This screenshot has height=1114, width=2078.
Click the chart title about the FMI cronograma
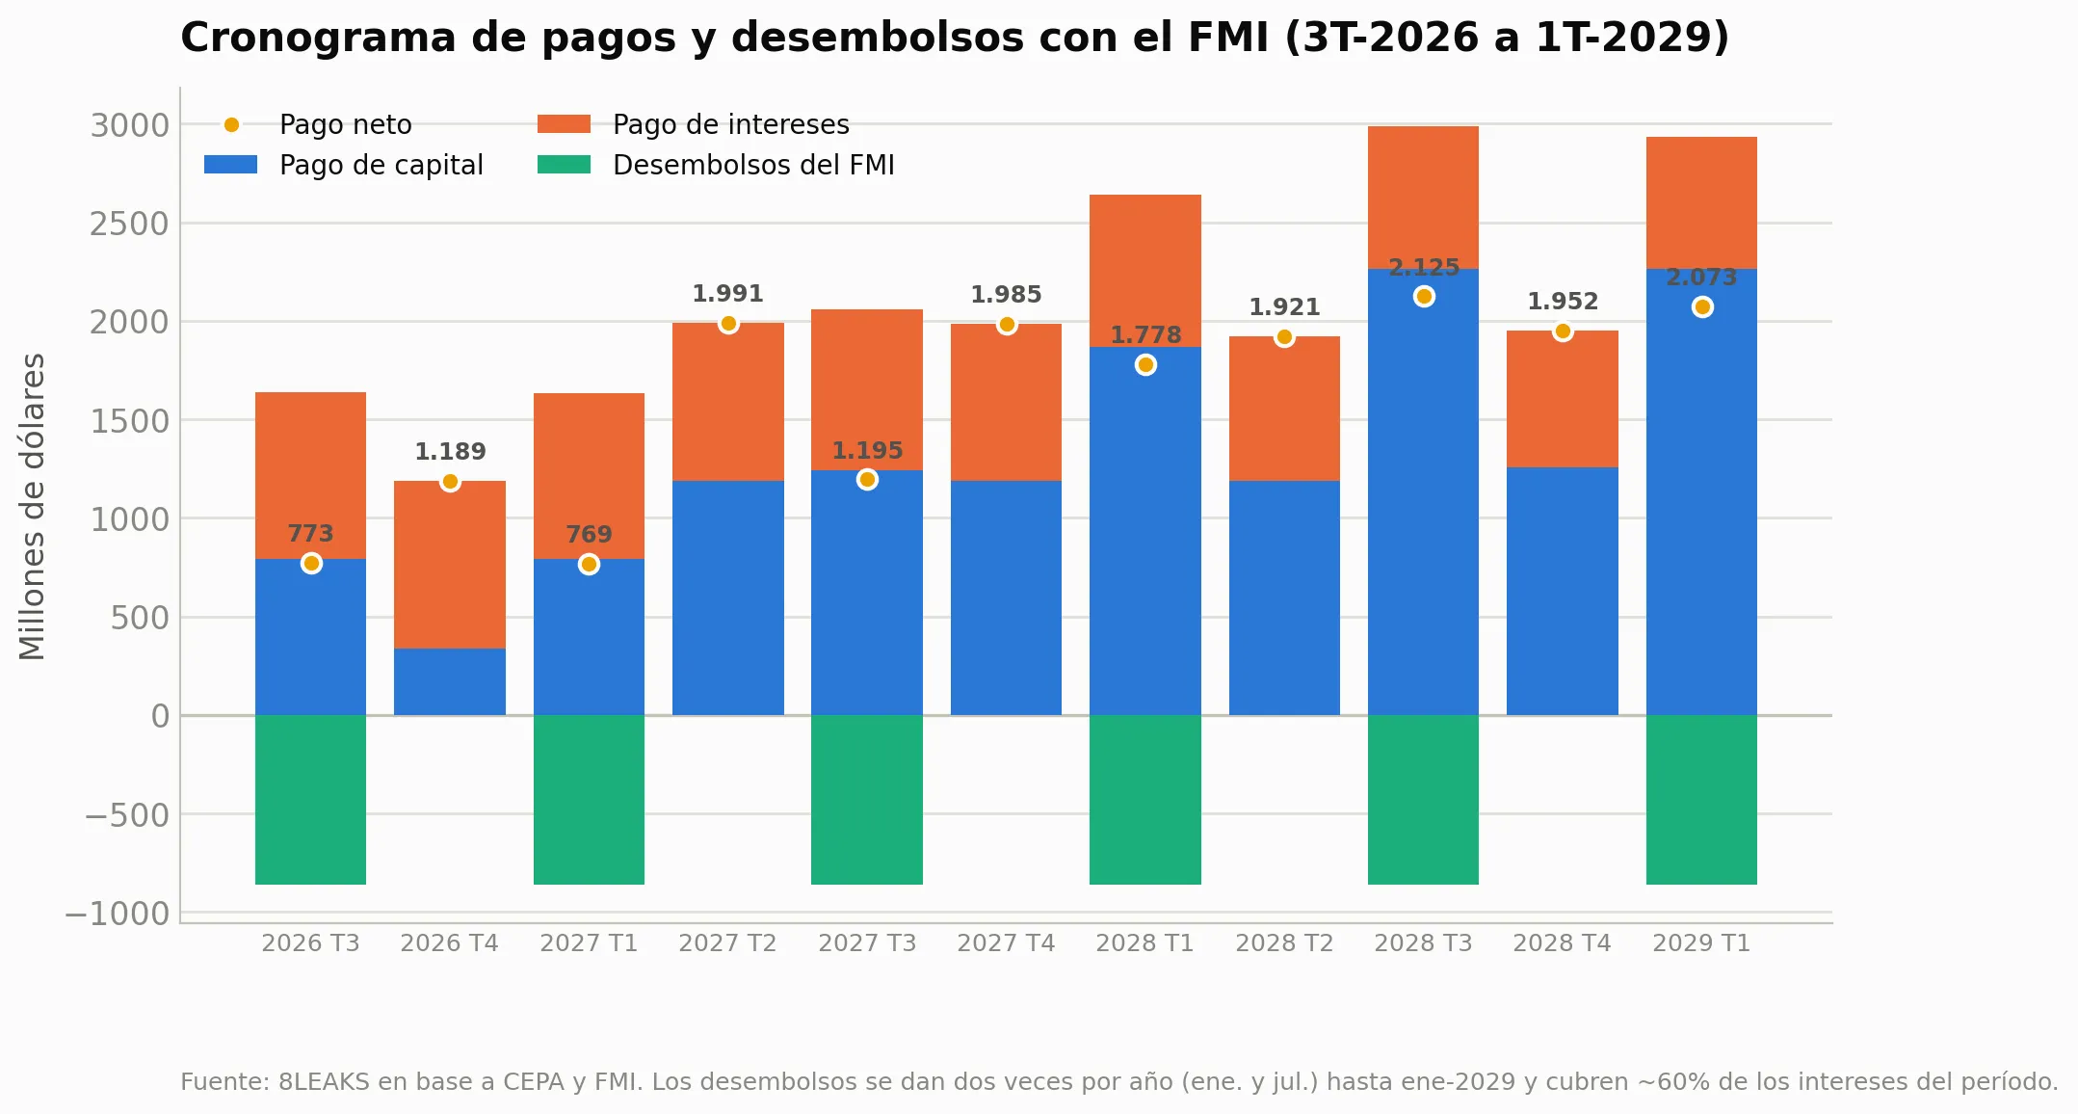pyautogui.click(x=955, y=38)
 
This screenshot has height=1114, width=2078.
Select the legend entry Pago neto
pyautogui.click(x=308, y=124)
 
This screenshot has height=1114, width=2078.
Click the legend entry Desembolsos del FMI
pyautogui.click(x=716, y=165)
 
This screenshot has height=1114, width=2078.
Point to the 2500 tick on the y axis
pyautogui.click(x=129, y=224)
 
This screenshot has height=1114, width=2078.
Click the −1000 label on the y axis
pyautogui.click(x=117, y=914)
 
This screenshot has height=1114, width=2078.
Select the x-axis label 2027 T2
pyautogui.click(x=727, y=942)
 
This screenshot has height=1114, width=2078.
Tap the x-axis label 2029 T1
pyautogui.click(x=1701, y=942)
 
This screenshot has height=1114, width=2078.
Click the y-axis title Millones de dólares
pyautogui.click(x=32, y=506)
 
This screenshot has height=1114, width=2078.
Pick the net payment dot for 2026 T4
pyautogui.click(x=450, y=482)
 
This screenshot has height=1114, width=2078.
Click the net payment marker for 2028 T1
pyautogui.click(x=1145, y=365)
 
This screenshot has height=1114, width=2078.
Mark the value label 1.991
pyautogui.click(x=727, y=294)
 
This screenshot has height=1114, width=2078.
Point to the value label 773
pyautogui.click(x=310, y=534)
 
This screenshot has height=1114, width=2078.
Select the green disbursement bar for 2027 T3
pyautogui.click(x=867, y=800)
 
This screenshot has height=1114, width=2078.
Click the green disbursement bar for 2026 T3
pyautogui.click(x=310, y=800)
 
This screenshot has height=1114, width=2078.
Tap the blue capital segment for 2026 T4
pyautogui.click(x=450, y=682)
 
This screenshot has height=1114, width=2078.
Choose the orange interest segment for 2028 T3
pyautogui.click(x=1423, y=198)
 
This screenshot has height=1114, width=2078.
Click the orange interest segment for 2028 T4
pyautogui.click(x=1563, y=399)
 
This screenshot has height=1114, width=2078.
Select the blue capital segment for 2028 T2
pyautogui.click(x=1284, y=598)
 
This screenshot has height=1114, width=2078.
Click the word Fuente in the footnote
pyautogui.click(x=224, y=1082)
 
